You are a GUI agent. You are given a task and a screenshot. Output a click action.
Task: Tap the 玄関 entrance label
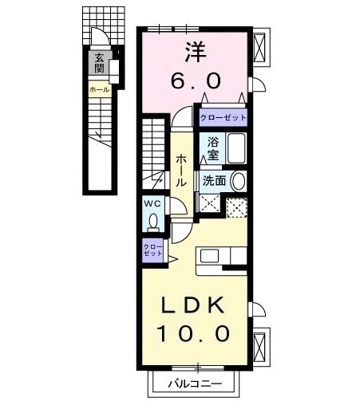coord(99,63)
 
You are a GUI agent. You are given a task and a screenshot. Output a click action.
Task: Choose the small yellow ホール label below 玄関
coord(99,90)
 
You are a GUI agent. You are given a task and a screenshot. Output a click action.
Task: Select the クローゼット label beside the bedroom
coord(223,117)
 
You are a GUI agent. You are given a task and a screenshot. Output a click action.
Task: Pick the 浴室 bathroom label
coord(212,147)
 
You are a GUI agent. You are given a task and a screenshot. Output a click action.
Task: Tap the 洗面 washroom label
coord(214,180)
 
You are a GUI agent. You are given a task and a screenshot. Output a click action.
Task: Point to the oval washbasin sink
coord(238,181)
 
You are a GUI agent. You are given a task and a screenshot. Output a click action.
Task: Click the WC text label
coord(153,204)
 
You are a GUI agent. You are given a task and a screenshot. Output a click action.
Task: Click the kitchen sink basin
coord(210,257)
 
